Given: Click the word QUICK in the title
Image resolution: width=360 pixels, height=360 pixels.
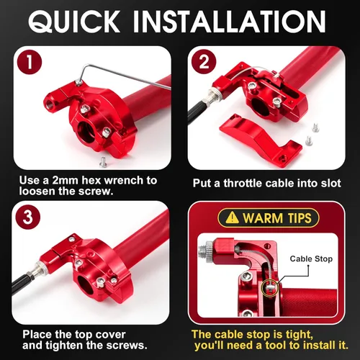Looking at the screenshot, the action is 74,22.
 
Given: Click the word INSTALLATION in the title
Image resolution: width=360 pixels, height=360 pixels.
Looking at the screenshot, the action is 229,22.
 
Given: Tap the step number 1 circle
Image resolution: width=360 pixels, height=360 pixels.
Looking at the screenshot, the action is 30,62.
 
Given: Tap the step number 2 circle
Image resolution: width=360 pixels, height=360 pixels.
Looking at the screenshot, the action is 204,62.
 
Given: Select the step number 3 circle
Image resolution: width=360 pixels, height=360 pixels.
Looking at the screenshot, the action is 28,217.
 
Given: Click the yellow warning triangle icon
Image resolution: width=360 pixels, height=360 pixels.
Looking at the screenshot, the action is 232,217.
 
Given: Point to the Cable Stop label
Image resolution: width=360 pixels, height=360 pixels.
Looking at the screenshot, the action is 311,258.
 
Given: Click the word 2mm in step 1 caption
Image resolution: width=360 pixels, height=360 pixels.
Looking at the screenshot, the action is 66,180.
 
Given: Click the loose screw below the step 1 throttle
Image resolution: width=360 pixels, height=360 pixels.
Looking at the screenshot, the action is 103,162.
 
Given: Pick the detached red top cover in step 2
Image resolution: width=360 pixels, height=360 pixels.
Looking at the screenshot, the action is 261,138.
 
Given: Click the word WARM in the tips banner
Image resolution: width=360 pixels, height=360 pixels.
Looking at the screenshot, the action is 263,218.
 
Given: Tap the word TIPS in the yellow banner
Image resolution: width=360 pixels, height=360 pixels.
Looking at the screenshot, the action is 300,218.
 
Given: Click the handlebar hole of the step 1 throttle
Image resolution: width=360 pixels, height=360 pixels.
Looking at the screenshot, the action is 86,132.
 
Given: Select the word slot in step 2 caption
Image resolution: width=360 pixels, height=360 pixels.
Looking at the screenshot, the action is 331,184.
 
